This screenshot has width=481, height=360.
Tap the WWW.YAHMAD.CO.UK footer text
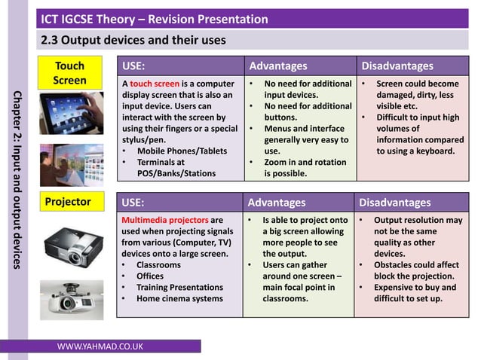100,346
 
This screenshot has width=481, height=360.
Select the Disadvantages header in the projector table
394,202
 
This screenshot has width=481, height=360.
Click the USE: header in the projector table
133,202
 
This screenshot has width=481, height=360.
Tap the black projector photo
72,243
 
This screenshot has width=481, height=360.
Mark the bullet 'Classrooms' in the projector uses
158,265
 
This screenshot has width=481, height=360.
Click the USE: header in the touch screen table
133,66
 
